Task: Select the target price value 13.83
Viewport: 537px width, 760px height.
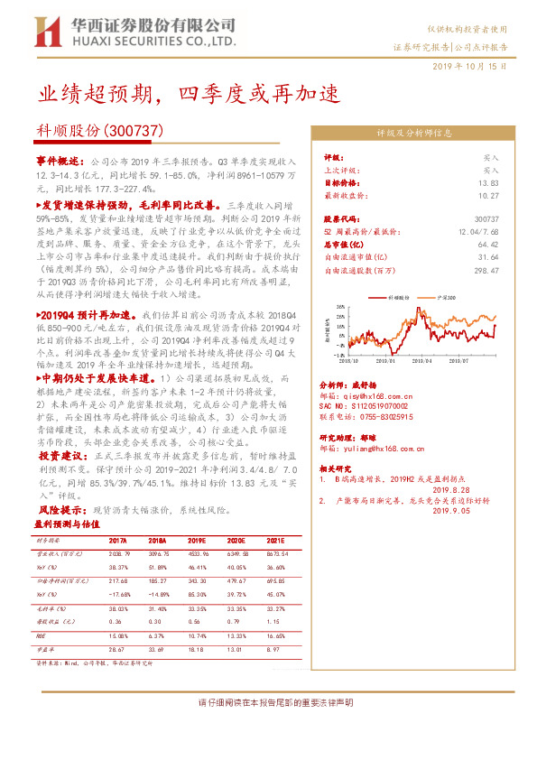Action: (x=487, y=182)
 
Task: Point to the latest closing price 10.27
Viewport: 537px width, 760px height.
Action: (x=487, y=195)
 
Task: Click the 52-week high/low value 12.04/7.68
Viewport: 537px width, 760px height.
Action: (x=477, y=231)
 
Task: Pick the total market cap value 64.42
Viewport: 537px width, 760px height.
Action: (x=487, y=244)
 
